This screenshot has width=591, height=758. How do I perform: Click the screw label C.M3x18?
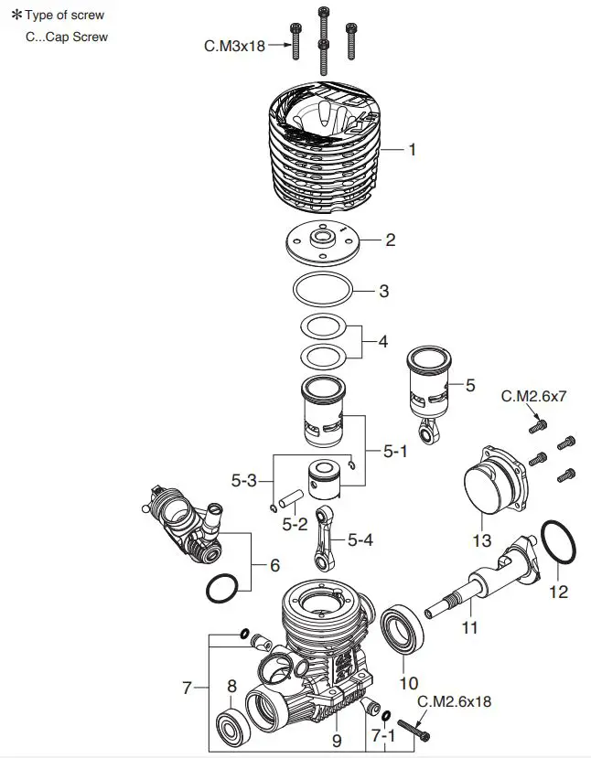click(x=234, y=45)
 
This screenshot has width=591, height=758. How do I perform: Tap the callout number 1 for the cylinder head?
click(x=412, y=149)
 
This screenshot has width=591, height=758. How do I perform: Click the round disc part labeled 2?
click(x=323, y=240)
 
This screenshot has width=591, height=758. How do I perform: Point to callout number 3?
click(x=384, y=292)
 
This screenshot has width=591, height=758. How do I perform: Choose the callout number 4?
click(x=382, y=342)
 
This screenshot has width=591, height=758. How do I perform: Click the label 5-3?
click(x=245, y=479)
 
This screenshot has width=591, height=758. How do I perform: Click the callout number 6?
click(x=274, y=566)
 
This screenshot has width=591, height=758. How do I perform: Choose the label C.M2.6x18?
click(x=454, y=702)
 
